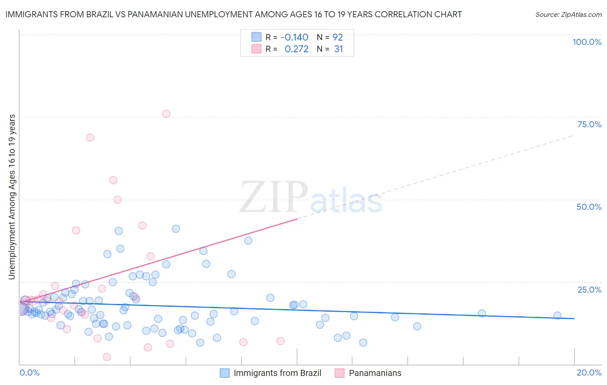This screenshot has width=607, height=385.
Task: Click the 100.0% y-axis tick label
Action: pos(587,42)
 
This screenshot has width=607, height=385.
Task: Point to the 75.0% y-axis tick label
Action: pos(589,124)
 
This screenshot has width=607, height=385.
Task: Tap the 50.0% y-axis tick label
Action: pos(589,207)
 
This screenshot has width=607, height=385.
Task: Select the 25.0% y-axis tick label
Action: pos(589,290)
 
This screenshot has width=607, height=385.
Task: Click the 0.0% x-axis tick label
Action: pos(29,372)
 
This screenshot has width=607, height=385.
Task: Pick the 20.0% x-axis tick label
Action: pos(589,372)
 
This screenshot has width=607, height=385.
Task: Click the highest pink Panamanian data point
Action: pos(166,114)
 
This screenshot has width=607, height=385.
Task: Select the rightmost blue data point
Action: pos(557,316)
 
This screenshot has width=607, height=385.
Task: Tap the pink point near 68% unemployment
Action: pos(90,138)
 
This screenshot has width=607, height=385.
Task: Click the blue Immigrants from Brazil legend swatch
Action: pos(224,373)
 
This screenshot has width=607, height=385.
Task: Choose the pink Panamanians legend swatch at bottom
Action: pos(340,373)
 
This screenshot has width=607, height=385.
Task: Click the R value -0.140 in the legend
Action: pos(294,37)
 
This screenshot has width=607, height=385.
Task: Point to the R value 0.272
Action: pos(297,49)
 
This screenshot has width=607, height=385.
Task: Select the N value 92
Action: pos(338,37)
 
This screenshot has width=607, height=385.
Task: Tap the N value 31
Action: pos(338,49)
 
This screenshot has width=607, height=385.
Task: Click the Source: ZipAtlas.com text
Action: pos(568,15)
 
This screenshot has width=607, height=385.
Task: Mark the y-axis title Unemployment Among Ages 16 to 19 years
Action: pos(12,197)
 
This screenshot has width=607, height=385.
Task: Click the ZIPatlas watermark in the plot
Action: pos(311,198)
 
